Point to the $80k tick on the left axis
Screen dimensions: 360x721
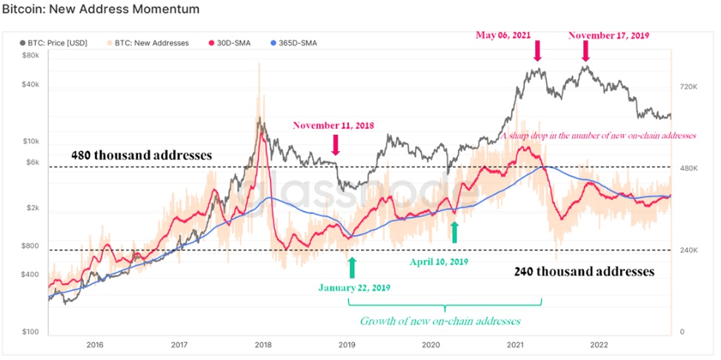point(30,56)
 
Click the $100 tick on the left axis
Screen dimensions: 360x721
point(30,332)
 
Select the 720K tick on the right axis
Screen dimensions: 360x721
point(688,87)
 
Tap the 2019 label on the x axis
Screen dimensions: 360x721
point(348,344)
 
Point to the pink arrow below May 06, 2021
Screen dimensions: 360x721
point(537,50)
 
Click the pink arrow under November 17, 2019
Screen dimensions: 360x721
point(585,50)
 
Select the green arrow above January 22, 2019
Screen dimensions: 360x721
point(352,267)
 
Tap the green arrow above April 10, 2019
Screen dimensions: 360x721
point(455,232)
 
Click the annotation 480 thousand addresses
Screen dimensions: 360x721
point(142,156)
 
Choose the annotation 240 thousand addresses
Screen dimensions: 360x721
point(585,271)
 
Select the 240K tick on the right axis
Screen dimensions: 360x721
point(688,250)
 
